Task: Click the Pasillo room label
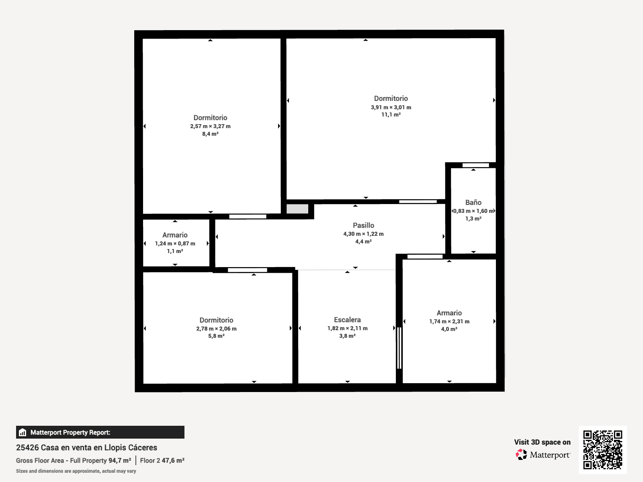point(363,225)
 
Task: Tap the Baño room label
point(473,202)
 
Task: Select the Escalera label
point(347,320)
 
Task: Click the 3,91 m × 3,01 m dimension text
point(391,107)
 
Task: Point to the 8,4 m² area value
point(210,134)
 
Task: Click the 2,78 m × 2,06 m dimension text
point(216,329)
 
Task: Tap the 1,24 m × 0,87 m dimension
point(175,243)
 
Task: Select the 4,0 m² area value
point(449,329)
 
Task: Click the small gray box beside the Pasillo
point(297,209)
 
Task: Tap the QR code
point(602,450)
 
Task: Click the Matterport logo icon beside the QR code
point(521,455)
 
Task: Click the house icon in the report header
point(23,432)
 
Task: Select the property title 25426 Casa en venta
point(86,447)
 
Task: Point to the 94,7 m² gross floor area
point(119,460)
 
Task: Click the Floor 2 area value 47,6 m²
point(173,460)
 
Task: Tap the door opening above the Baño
point(475,165)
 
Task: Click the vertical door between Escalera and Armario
point(399,348)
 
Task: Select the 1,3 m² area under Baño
point(473,219)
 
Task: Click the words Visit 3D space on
point(542,442)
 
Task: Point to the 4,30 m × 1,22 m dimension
point(363,234)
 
